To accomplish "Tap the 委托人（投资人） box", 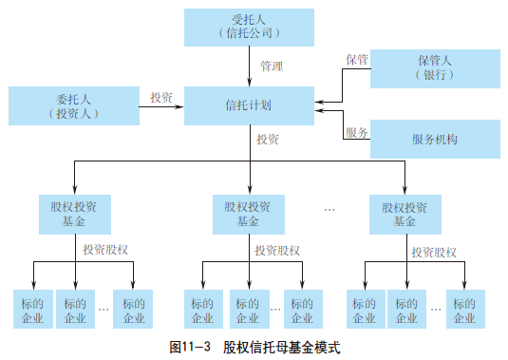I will point(72,104).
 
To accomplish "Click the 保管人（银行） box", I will point(434,68).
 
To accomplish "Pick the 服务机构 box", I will point(434,139).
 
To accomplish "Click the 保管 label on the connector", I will point(356,59).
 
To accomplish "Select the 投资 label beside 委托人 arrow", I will point(160,97).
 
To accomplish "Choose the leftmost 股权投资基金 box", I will point(75,213).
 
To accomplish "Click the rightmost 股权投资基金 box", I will point(406,213).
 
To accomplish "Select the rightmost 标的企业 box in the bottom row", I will point(465,311).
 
